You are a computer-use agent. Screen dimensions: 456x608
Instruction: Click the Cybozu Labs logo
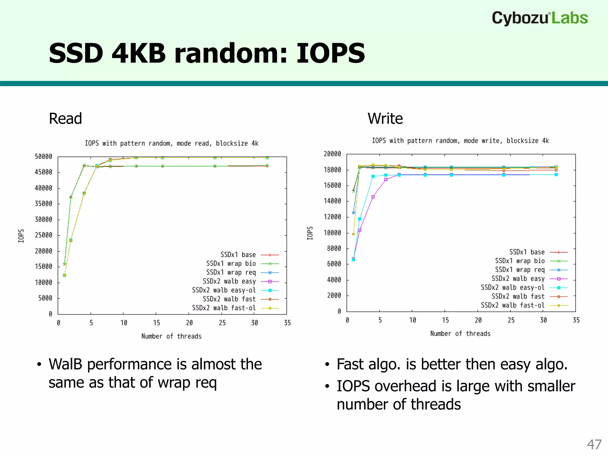coord(539,18)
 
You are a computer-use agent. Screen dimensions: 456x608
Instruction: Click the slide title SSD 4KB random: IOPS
coord(207,53)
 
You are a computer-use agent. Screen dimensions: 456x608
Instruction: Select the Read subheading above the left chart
coord(65,118)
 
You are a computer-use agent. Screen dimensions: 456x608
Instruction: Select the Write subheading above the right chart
coord(385,118)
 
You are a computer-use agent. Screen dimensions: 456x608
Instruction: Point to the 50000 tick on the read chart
coord(43,156)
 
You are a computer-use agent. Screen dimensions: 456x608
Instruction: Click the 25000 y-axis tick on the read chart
coord(43,235)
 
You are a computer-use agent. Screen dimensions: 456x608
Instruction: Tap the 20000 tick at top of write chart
coord(332,154)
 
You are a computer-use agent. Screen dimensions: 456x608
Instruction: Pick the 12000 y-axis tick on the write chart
coord(332,217)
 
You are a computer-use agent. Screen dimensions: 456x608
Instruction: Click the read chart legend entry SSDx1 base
coord(238,255)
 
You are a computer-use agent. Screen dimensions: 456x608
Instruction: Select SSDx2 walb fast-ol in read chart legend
coord(224,308)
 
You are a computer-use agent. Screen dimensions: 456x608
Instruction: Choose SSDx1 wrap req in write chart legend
coord(520,270)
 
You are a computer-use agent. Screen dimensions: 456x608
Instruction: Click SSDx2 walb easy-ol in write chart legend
coord(512,287)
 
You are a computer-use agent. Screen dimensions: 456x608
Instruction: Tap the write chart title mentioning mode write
coord(460,141)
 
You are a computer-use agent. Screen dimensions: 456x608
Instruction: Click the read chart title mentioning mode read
coord(172,143)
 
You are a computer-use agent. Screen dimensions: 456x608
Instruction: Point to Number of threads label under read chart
coord(171,336)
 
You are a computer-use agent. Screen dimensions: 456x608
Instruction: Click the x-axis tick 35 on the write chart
coord(576,320)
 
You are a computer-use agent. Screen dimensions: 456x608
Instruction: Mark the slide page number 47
coord(594,444)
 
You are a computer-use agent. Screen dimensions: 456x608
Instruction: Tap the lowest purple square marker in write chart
coord(353,259)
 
